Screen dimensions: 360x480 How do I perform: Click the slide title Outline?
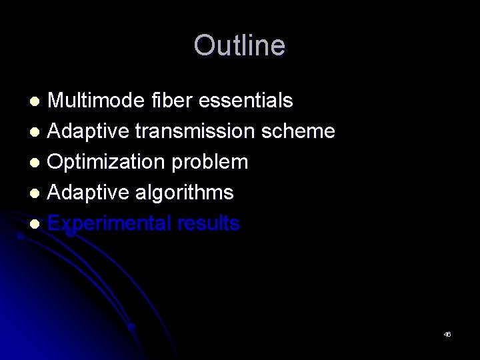(239, 45)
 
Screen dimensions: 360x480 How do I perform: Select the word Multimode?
(94, 101)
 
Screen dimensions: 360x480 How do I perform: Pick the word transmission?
(194, 131)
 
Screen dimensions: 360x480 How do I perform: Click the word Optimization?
(102, 162)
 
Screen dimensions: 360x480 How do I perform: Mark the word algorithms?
(185, 193)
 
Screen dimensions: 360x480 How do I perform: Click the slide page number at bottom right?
(447, 334)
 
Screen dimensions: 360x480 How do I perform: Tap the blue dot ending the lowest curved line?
(132, 327)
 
